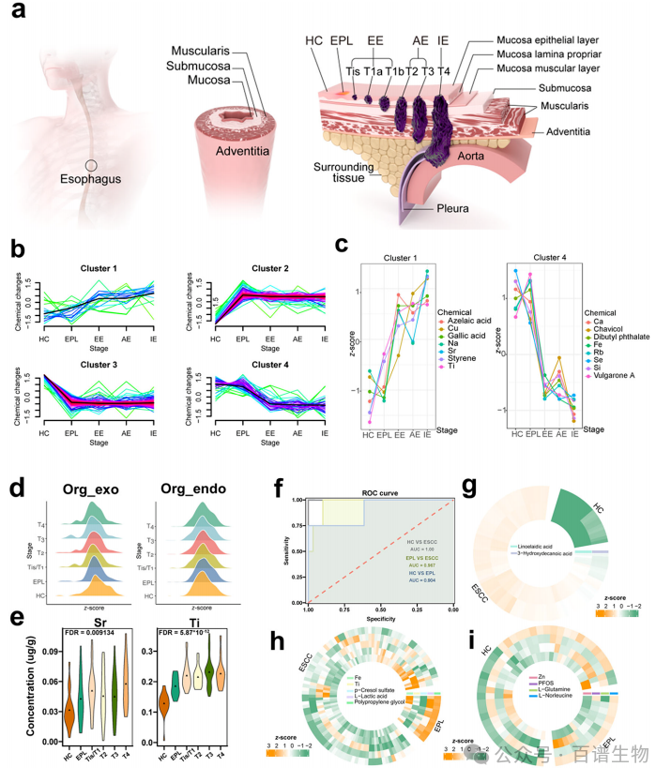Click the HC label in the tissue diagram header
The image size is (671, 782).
[314, 42]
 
